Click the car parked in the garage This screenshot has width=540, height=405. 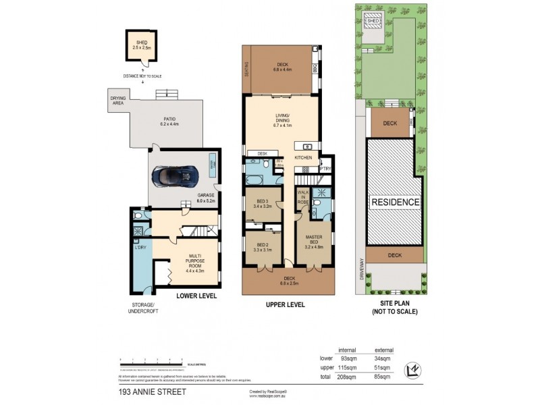tap(175, 177)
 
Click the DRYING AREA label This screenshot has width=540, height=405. tap(119, 100)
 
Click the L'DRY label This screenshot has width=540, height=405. tap(141, 247)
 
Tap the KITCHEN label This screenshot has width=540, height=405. tap(303, 157)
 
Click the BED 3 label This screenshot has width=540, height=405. tap(263, 203)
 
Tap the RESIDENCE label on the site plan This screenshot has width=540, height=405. tap(395, 202)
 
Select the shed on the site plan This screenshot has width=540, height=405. tap(373, 22)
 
